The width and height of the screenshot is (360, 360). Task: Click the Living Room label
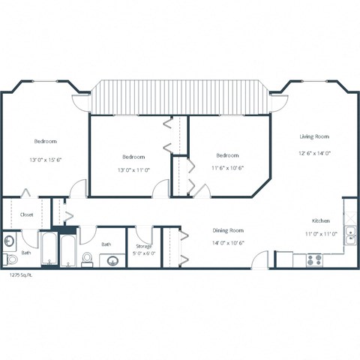coord(315,136)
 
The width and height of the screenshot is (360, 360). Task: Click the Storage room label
coord(144,246)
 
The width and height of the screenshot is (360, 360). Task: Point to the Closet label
coord(26,214)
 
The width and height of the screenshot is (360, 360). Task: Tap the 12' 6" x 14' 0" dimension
coord(315,153)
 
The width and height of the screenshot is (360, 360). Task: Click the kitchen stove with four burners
coord(314,260)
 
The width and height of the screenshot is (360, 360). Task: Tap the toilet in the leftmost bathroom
coord(10,259)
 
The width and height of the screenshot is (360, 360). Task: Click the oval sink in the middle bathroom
coord(113,261)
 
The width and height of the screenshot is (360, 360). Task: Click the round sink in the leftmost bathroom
coord(8,241)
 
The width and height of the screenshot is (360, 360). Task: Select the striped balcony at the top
coord(178,97)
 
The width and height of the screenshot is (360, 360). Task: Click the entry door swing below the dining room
coord(259,259)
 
